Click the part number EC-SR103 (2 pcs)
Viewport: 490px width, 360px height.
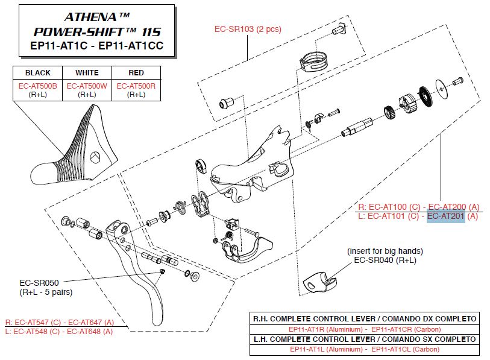(248, 29)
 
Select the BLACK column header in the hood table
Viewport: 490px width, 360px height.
(38, 73)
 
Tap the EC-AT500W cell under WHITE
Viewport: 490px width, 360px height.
(87, 86)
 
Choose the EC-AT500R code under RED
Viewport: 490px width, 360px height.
(136, 86)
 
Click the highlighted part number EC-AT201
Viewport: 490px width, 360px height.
(446, 216)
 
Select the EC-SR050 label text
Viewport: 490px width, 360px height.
(39, 282)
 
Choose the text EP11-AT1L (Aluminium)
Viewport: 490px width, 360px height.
(323, 349)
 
